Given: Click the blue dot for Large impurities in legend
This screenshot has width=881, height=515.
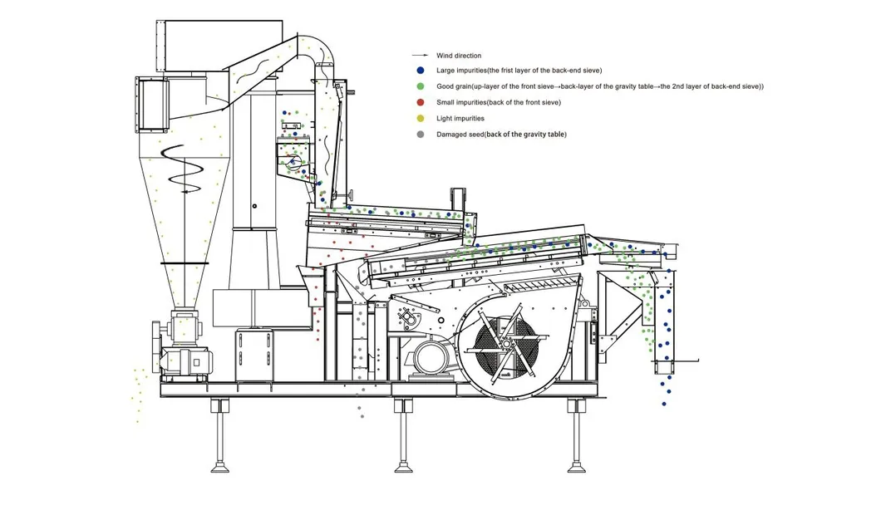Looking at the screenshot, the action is [421, 71].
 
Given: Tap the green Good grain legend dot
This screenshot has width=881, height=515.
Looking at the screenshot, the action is [421, 86].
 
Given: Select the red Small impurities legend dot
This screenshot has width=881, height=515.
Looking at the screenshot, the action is [421, 102].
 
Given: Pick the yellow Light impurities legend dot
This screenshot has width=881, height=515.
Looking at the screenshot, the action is [421, 119].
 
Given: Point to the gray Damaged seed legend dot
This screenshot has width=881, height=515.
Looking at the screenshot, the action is [421, 135].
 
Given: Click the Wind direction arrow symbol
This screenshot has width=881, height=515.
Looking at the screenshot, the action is [421, 56].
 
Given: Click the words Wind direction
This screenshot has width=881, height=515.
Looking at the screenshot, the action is [459, 56].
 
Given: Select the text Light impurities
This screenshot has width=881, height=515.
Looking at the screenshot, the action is [460, 119].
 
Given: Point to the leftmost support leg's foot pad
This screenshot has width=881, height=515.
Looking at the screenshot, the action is [219, 467].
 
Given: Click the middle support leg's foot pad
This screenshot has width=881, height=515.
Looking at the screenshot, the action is [403, 467].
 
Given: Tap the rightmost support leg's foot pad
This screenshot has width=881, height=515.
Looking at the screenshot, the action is [577, 467].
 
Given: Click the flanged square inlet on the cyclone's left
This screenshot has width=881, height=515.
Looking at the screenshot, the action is [152, 105].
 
